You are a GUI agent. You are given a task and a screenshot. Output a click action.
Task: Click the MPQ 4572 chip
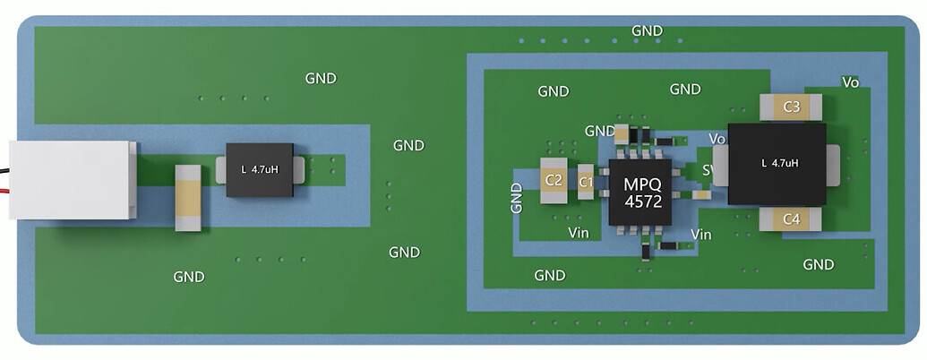tap(639, 192)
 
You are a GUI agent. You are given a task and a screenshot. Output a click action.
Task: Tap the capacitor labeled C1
tap(586, 182)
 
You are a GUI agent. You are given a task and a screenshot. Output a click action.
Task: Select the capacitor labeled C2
tap(554, 181)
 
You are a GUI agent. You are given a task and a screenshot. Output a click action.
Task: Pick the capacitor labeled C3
tap(791, 107)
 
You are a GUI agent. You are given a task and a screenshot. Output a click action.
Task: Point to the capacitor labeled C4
tap(790, 219)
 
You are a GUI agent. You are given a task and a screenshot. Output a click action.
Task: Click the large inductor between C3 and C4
tap(776, 163)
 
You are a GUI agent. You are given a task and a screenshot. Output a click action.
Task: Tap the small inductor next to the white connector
tap(259, 169)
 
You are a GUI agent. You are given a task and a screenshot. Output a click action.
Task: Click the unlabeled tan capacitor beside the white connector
tap(188, 198)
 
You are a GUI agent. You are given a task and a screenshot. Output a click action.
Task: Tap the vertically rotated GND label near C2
tap(517, 198)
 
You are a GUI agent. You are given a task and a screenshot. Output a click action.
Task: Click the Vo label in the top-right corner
tap(851, 82)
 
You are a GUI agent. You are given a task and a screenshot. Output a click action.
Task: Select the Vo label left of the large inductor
tap(717, 139)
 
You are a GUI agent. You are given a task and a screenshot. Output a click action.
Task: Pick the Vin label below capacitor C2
tap(579, 233)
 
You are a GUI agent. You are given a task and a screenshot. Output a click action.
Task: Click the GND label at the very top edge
tap(647, 30)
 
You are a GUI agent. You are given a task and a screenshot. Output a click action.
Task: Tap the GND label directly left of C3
tap(685, 90)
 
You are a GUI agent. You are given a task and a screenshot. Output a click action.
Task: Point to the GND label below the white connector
tap(188, 277)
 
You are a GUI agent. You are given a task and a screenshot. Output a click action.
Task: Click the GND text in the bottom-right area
tap(819, 265)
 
